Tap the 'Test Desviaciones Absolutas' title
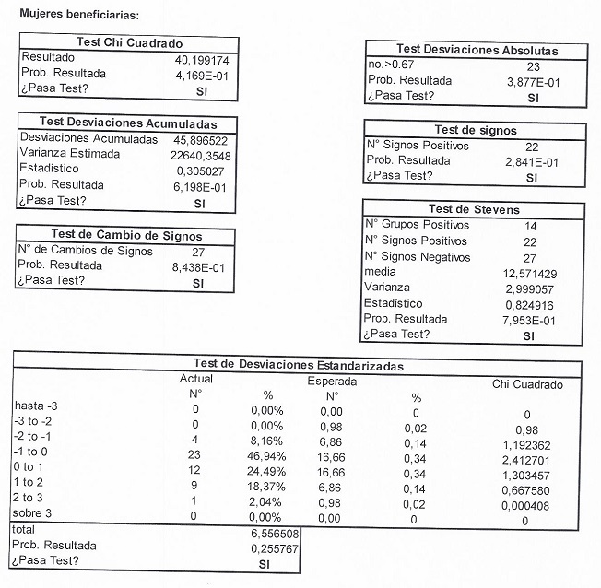(477, 50)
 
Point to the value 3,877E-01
(528, 81)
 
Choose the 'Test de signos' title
(476, 131)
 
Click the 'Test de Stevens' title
(475, 209)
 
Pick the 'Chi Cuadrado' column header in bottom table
(528, 384)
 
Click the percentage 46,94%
(266, 455)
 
